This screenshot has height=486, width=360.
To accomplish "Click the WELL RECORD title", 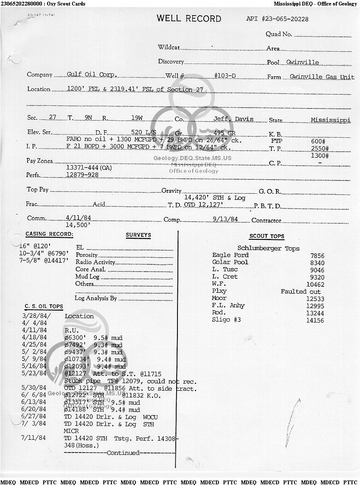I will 189,19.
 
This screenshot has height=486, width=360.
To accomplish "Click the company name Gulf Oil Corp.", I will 92,74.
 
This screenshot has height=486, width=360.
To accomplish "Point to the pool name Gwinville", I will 302,62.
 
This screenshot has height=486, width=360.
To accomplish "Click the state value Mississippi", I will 330,120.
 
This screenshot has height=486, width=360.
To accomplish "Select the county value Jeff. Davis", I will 233,119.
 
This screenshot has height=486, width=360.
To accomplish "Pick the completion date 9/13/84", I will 226,219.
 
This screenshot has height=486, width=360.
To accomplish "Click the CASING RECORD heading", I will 49,234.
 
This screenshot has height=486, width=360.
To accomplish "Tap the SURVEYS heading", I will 138,235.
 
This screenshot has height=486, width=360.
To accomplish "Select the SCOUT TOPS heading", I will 266,236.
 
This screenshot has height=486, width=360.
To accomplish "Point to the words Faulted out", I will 301,292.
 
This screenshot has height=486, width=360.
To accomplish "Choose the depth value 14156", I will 315,320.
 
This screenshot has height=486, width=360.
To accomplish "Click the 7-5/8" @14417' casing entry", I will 44,261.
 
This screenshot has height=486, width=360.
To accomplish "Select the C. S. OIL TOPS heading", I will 44,307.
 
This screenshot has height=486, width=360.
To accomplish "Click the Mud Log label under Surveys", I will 87,277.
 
